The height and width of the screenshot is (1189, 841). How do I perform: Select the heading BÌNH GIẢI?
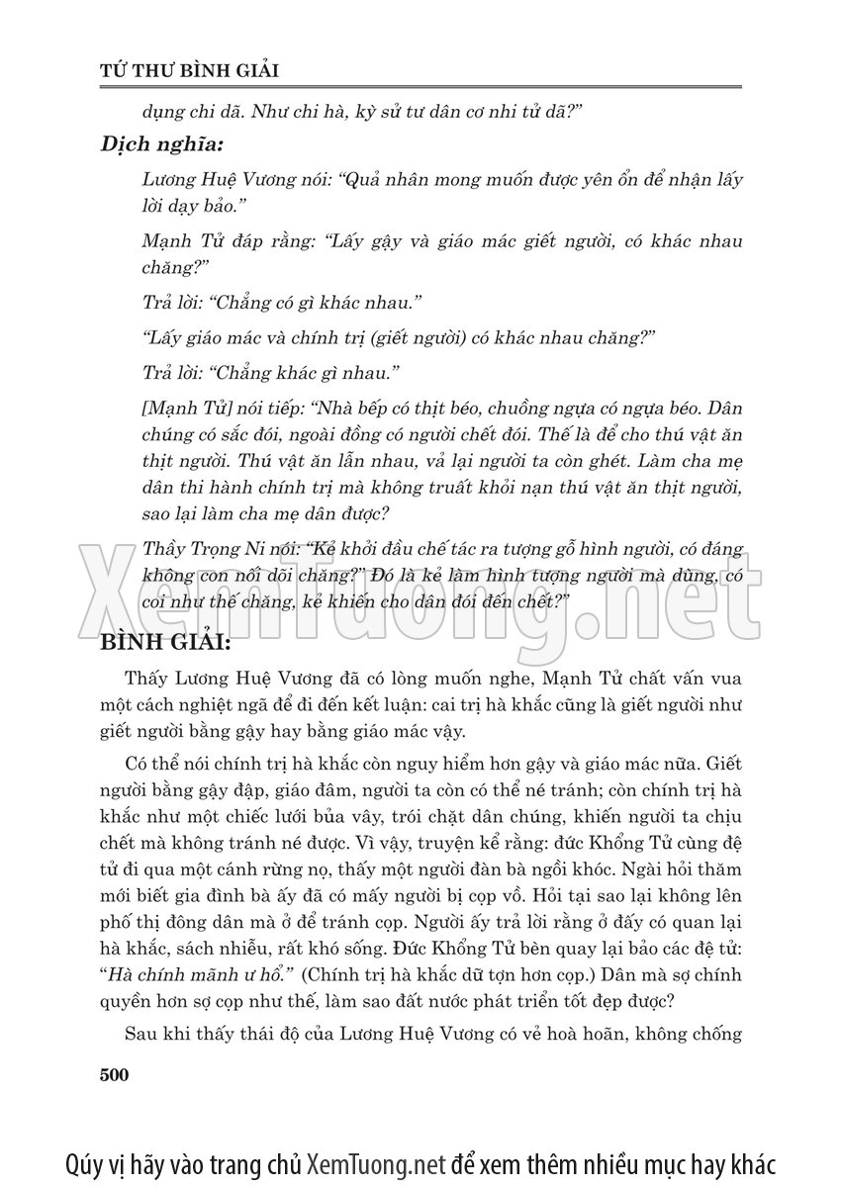[165, 645]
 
